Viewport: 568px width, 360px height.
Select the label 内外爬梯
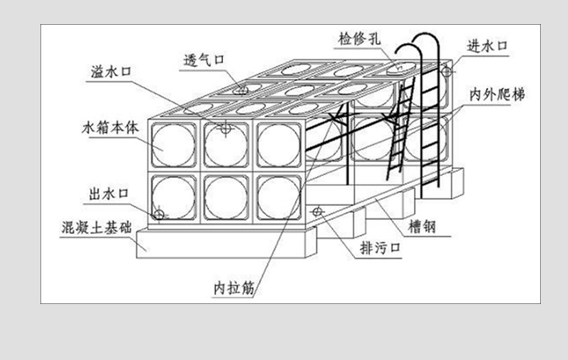point(497,93)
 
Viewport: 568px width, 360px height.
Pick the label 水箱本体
point(109,124)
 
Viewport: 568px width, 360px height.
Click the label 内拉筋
point(234,288)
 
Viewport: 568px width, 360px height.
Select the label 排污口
point(379,249)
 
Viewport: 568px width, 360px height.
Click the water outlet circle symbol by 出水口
point(159,212)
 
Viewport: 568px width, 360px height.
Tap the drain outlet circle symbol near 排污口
point(317,211)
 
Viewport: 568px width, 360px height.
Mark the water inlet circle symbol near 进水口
point(445,72)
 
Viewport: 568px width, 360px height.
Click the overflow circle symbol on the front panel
point(225,129)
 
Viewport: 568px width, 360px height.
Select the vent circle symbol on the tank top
point(243,90)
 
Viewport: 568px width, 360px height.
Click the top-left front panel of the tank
point(174,145)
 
